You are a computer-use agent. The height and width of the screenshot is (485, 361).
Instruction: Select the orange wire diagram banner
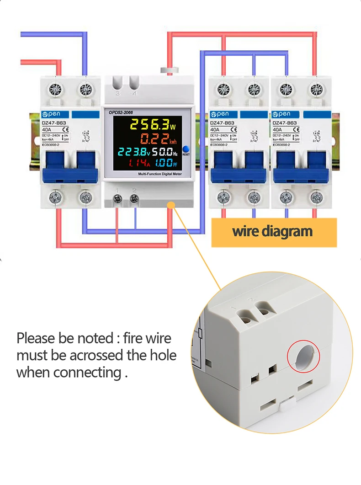[x=274, y=231]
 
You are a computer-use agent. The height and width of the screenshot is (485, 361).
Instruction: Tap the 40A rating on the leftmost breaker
[x=46, y=129]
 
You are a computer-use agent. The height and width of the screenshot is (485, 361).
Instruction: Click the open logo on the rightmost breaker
[x=281, y=114]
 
